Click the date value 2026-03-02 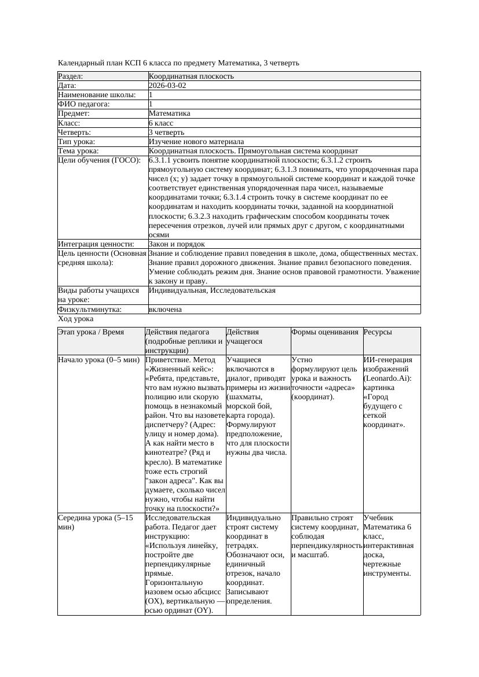pyautogui.click(x=167, y=86)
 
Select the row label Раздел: pyautogui.click(x=71, y=76)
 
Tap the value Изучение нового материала pyautogui.click(x=196, y=142)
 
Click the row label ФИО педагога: pyautogui.click(x=84, y=104)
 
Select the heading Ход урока pyautogui.click(x=76, y=319)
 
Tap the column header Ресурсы pyautogui.click(x=378, y=332)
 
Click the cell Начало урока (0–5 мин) pyautogui.click(x=99, y=360)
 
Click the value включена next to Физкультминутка pyautogui.click(x=165, y=310)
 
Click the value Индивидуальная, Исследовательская pyautogui.click(x=212, y=290)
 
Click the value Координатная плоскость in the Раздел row pyautogui.click(x=191, y=76)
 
